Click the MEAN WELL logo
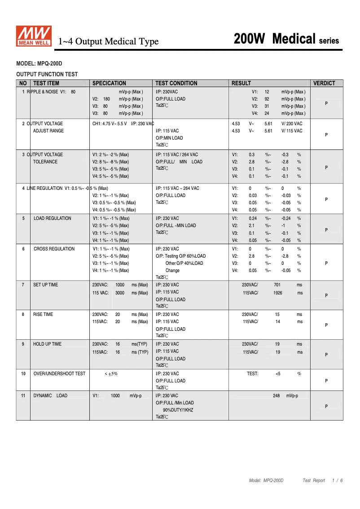(34, 36)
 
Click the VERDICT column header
(324, 83)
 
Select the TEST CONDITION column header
(176, 83)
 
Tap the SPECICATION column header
(109, 83)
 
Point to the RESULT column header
(241, 83)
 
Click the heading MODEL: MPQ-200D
(39, 64)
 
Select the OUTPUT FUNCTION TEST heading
(47, 75)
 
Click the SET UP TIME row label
(45, 285)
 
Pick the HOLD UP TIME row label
(47, 344)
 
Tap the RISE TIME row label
(43, 314)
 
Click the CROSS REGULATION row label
(54, 249)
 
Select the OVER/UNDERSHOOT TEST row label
(59, 373)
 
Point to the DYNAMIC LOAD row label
(50, 395)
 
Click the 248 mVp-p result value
(285, 395)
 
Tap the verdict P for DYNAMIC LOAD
(326, 406)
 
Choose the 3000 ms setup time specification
(120, 293)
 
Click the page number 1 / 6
(338, 480)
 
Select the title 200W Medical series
(286, 39)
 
